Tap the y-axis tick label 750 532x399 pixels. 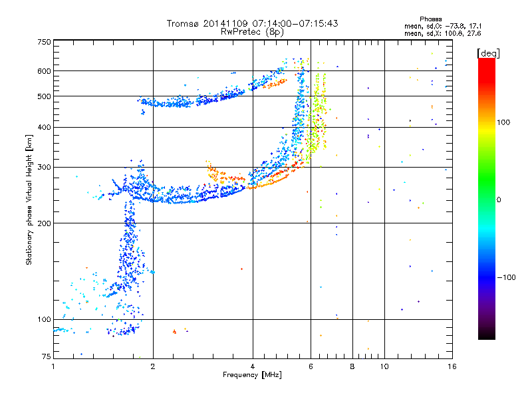[43, 42]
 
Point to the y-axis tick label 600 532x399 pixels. [43, 71]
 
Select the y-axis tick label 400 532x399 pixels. [43, 128]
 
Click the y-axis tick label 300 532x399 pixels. [43, 168]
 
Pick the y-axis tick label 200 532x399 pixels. [43, 223]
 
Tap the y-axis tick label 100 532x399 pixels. [43, 320]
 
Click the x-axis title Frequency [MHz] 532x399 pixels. [252, 376]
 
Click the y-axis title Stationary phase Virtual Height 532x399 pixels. [29, 199]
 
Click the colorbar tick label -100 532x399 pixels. [507, 277]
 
